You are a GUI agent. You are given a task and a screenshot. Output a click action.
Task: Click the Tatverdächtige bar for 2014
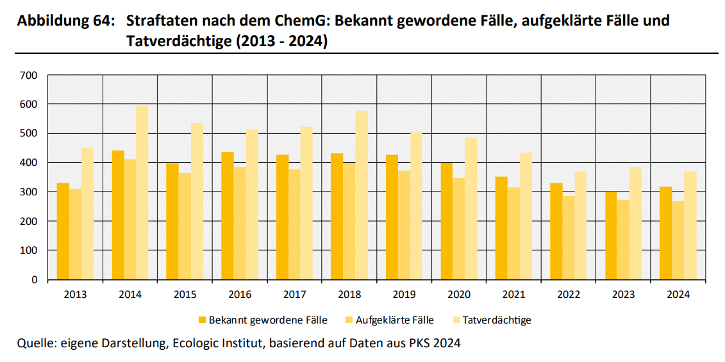point(142,192)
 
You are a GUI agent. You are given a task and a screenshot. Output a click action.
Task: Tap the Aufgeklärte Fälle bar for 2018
point(349,220)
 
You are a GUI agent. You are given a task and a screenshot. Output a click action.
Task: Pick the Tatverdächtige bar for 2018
point(361,195)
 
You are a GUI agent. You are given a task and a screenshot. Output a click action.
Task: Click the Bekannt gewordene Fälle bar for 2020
point(446,221)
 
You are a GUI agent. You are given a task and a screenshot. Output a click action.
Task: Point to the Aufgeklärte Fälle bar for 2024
point(678,240)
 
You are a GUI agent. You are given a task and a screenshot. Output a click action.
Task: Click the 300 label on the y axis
point(30,192)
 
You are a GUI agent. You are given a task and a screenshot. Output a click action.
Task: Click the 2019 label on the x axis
point(404,295)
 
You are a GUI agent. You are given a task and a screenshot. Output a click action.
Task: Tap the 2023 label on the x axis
point(623,295)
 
